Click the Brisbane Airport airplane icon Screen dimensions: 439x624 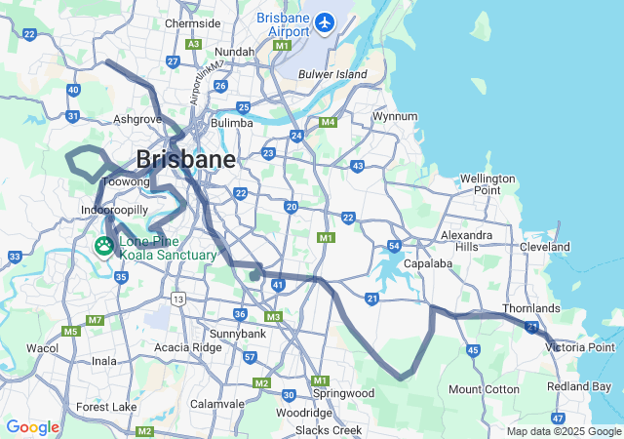pyautogui.click(x=324, y=21)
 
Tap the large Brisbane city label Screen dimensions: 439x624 pyautogui.click(x=185, y=159)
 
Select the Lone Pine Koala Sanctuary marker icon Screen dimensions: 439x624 pyautogui.click(x=104, y=248)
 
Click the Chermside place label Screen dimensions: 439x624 pyautogui.click(x=193, y=23)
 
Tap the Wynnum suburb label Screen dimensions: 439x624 pyautogui.click(x=395, y=117)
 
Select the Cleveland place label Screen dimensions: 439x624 pyautogui.click(x=545, y=248)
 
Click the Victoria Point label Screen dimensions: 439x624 pyautogui.click(x=580, y=347)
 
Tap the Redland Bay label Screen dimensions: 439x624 pyautogui.click(x=579, y=387)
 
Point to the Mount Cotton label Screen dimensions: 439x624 pyautogui.click(x=484, y=389)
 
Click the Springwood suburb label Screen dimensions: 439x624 pyautogui.click(x=343, y=393)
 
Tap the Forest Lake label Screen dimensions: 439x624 pyautogui.click(x=106, y=407)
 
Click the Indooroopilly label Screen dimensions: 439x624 pyautogui.click(x=114, y=210)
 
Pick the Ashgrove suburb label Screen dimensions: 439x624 pyautogui.click(x=137, y=119)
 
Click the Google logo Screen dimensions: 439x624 pyautogui.click(x=32, y=427)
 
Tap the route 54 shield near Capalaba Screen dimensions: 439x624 pyautogui.click(x=394, y=246)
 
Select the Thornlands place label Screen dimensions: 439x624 pyautogui.click(x=531, y=309)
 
